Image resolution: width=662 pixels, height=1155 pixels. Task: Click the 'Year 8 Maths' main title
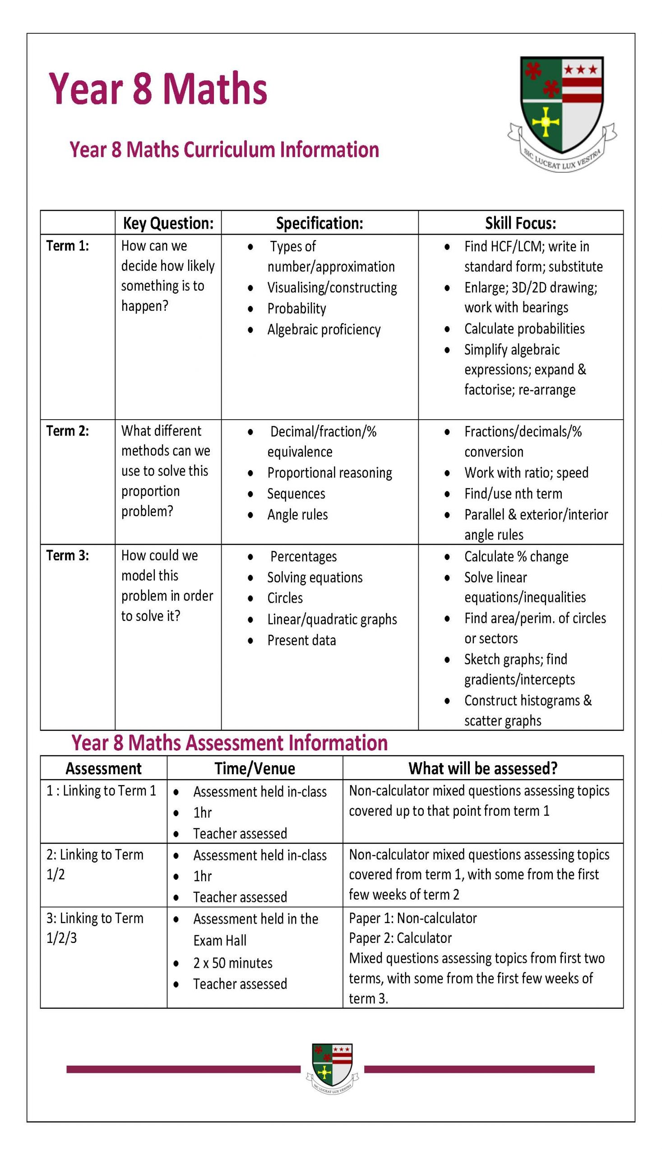click(x=158, y=88)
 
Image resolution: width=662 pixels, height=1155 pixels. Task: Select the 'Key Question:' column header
click(x=168, y=223)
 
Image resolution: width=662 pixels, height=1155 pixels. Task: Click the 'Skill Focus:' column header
click(x=521, y=223)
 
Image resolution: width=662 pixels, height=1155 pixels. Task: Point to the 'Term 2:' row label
click(x=68, y=431)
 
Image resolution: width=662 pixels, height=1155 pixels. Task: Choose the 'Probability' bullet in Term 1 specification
click(x=296, y=309)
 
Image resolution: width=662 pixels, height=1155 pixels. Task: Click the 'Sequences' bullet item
click(x=296, y=494)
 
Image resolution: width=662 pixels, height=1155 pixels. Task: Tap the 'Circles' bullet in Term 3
click(x=285, y=598)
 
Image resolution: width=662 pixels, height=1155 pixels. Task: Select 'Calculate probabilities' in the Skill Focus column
click(x=524, y=328)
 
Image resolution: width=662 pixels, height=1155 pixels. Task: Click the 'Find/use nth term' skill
click(x=514, y=494)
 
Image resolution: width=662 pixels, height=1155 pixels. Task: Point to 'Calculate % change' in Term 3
click(x=516, y=556)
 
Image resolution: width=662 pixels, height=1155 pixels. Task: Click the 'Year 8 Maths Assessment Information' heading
click(x=230, y=743)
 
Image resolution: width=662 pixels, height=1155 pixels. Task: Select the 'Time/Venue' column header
click(x=255, y=769)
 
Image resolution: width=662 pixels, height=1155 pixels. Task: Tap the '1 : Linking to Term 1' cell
click(x=102, y=791)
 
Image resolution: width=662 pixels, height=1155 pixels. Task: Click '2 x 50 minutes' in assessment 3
click(x=233, y=963)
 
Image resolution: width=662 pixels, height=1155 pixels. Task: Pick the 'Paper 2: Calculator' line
click(x=400, y=938)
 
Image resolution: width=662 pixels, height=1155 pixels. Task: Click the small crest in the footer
click(x=333, y=1067)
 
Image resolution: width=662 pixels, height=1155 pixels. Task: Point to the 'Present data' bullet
click(x=301, y=641)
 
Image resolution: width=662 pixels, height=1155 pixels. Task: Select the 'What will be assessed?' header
click(x=483, y=769)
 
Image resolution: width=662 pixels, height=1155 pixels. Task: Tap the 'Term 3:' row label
click(x=68, y=555)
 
